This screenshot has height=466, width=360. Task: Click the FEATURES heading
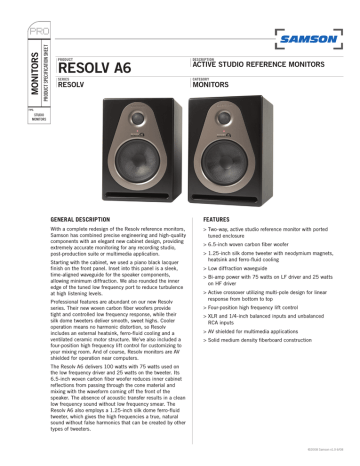[218, 217]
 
